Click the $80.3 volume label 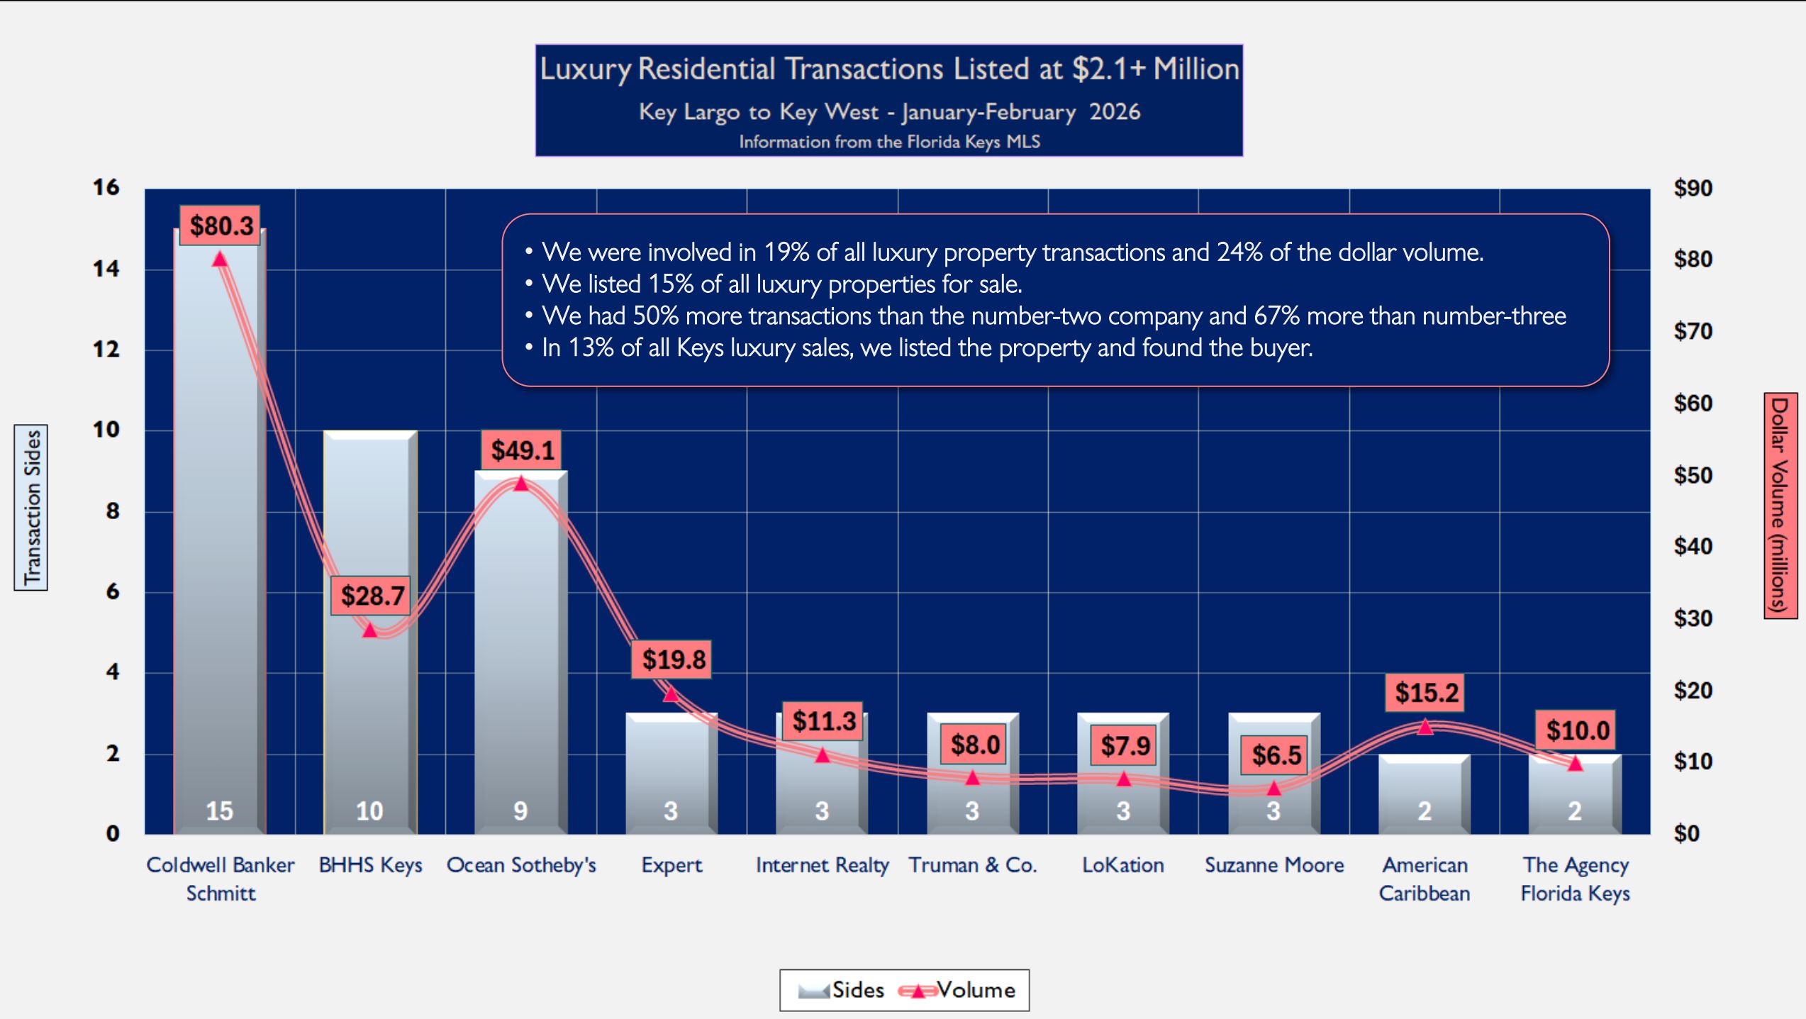[220, 226]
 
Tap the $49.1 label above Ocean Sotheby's [522, 450]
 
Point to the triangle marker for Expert [671, 694]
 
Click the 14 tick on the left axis [106, 269]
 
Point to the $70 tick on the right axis [1693, 331]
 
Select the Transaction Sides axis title [31, 508]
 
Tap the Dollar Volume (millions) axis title [1780, 506]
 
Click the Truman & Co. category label [972, 865]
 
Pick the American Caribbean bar [1424, 794]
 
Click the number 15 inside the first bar [219, 811]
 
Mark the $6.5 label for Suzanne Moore [1276, 755]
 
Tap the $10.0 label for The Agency [1577, 730]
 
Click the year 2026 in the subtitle [1115, 112]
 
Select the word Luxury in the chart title [585, 69]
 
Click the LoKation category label [1122, 865]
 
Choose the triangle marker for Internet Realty [822, 755]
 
